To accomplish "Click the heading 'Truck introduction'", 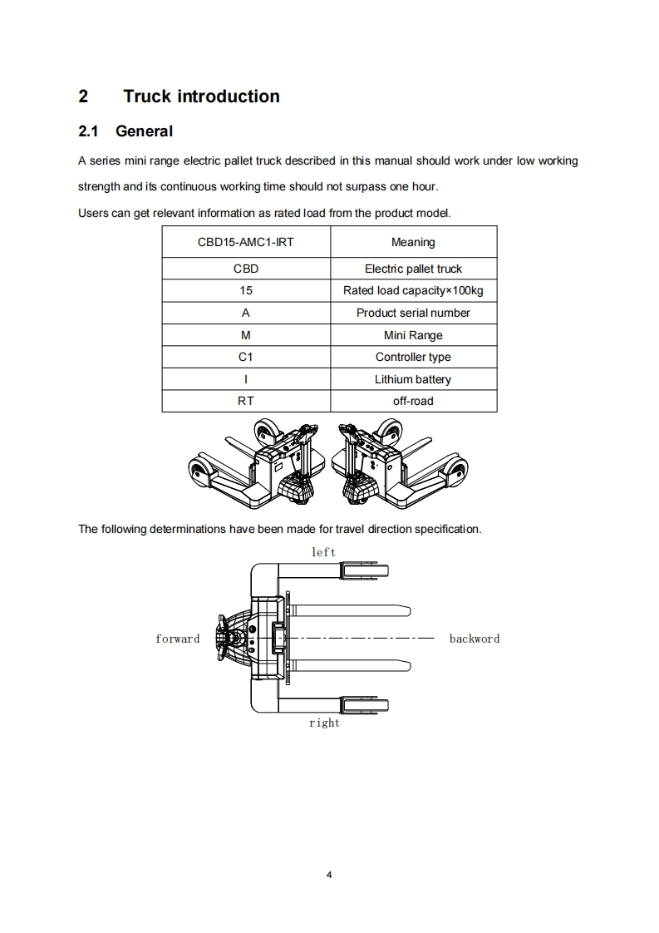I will pos(201,96).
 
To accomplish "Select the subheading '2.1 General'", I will pos(125,131).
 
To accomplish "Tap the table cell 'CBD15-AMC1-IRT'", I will pos(246,242).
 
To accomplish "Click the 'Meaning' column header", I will pos(413,242).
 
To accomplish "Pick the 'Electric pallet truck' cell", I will pos(413,269).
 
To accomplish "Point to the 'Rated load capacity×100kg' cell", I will pos(413,291).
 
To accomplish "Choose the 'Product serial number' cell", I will pos(413,313).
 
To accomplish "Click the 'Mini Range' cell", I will pos(413,335).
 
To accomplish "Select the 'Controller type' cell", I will pos(413,357).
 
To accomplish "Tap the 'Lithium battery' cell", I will pos(413,379).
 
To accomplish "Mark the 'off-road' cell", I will pos(413,401).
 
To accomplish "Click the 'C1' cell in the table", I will pos(246,357).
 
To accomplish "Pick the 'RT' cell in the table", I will pos(246,401).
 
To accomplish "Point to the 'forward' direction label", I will pos(178,639).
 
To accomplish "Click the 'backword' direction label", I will pos(475,639).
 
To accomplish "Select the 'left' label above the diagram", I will pos(323,552).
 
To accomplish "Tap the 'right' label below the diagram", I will pos(324,723).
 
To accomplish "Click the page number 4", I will pos(330,875).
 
